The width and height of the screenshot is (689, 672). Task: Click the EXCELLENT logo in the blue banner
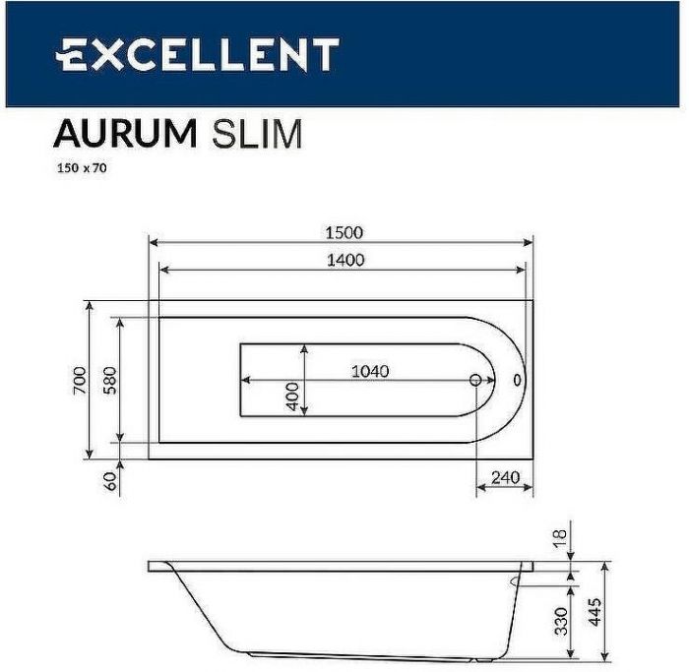click(x=197, y=54)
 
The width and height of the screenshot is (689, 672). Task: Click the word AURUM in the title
click(x=124, y=133)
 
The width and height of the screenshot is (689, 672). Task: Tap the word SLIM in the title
click(x=258, y=133)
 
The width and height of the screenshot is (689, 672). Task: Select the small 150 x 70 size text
click(x=80, y=167)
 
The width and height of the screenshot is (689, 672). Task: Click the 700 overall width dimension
click(x=80, y=380)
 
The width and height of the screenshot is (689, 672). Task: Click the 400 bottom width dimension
click(x=292, y=396)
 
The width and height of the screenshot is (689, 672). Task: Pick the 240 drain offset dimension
click(x=504, y=477)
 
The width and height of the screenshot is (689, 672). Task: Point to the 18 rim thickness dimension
click(x=557, y=537)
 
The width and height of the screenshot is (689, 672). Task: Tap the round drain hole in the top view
click(x=476, y=380)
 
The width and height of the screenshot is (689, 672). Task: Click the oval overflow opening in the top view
click(x=518, y=380)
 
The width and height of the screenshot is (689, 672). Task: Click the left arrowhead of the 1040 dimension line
click(x=246, y=380)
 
